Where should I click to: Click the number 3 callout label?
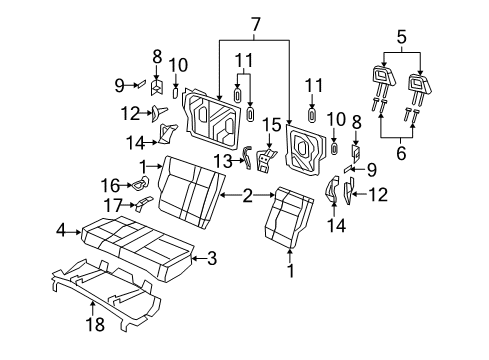211,259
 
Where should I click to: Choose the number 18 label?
93,323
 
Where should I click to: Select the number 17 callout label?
112,204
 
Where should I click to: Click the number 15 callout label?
269,123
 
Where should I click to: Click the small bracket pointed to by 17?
144,203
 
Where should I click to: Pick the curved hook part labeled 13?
246,160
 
